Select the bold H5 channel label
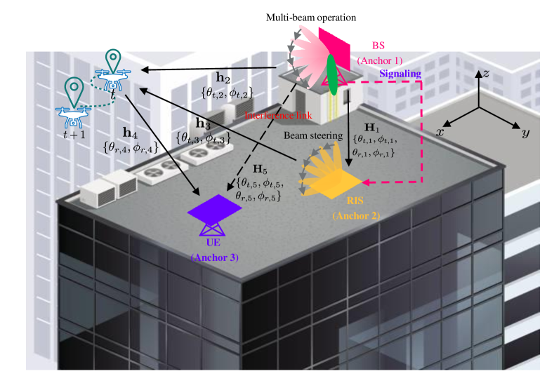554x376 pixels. click(x=260, y=170)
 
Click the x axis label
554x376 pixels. click(x=441, y=132)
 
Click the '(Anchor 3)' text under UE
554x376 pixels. click(x=215, y=257)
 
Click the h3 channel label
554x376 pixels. click(x=203, y=123)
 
